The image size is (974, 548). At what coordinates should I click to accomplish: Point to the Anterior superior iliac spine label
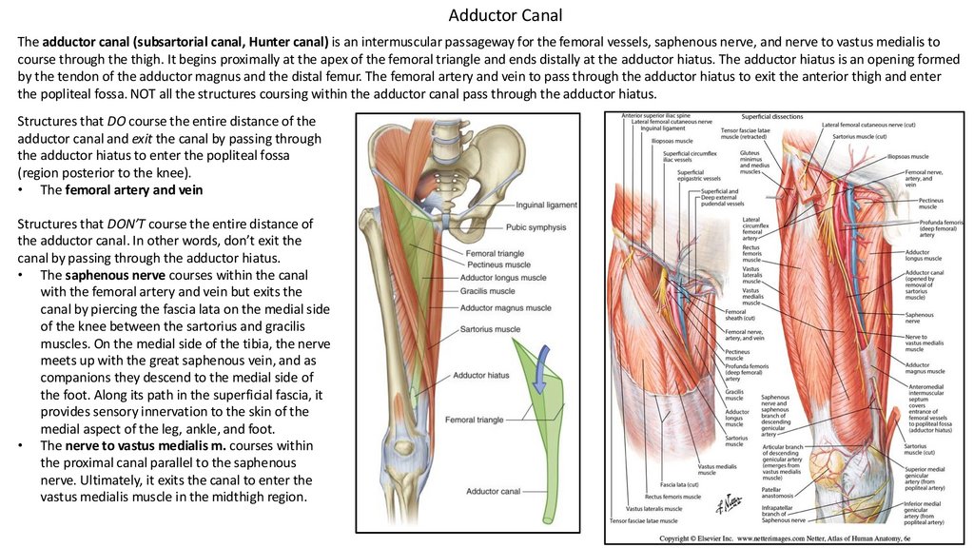pos(656,116)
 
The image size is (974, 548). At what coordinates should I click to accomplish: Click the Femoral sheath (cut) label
pos(735,315)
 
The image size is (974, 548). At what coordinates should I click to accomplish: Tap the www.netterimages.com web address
pos(777,538)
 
